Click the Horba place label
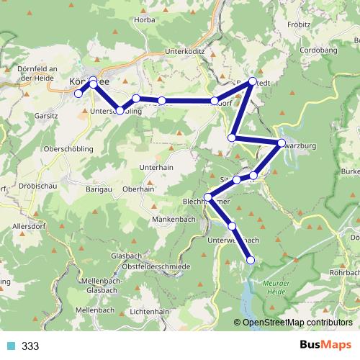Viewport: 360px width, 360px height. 145,19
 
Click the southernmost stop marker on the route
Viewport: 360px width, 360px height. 251,260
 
